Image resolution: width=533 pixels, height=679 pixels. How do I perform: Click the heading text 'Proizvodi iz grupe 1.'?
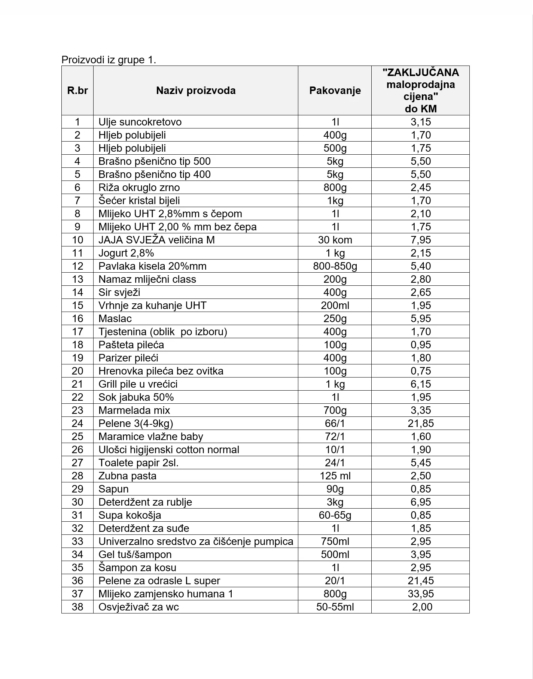point(109,60)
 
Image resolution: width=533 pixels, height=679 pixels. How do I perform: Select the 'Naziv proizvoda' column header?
point(196,91)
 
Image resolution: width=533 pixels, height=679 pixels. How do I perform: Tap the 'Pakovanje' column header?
point(335,91)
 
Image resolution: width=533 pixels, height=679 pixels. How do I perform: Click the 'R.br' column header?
point(77,91)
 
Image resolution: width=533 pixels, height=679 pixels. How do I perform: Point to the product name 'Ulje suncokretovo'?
point(140,122)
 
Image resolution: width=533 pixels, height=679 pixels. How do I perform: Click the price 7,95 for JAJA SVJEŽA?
point(421,240)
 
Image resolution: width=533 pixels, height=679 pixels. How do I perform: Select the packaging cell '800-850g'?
point(335,266)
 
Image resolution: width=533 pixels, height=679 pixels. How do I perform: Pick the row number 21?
point(77,384)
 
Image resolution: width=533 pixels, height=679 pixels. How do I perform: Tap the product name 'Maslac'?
point(115,319)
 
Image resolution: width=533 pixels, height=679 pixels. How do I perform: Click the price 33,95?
point(421,594)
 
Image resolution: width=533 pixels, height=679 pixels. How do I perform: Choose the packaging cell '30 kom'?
point(335,240)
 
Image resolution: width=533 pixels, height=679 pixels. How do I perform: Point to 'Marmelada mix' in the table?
point(134,410)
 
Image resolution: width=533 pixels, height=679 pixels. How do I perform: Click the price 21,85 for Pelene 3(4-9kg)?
point(421,424)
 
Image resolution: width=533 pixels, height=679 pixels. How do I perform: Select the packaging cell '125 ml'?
point(335,476)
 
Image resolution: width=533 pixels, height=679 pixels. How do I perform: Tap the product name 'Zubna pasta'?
point(128,476)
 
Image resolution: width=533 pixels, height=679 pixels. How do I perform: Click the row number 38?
point(77,607)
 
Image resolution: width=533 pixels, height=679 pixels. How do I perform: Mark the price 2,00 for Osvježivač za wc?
point(422,607)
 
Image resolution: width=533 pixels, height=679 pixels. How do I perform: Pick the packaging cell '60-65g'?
point(335,515)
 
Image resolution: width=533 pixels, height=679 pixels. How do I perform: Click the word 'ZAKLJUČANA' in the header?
point(421,73)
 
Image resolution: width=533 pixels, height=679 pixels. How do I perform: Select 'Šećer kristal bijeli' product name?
point(139,201)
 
